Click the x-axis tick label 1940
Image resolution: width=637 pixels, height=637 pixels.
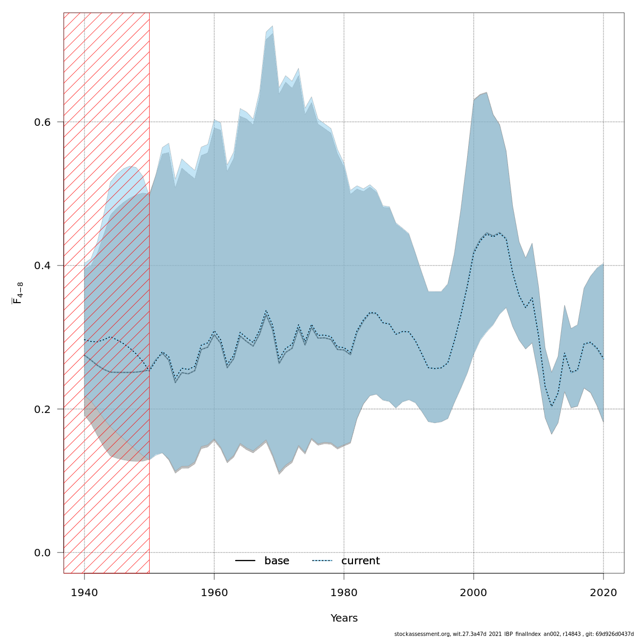click(x=84, y=592)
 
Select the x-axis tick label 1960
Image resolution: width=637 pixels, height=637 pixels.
click(x=214, y=592)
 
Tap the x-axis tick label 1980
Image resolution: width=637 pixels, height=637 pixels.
click(x=344, y=592)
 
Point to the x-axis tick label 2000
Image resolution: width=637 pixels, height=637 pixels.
click(x=474, y=592)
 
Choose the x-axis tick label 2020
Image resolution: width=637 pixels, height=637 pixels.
click(x=604, y=592)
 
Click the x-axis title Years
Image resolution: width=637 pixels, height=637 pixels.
click(x=344, y=618)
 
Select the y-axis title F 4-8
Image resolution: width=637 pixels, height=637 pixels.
click(x=18, y=293)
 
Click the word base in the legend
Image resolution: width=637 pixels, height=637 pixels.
click(x=277, y=561)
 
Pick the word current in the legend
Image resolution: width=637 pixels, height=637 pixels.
click(x=360, y=561)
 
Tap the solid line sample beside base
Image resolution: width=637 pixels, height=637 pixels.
click(x=245, y=561)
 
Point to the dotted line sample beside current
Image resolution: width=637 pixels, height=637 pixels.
click(x=322, y=561)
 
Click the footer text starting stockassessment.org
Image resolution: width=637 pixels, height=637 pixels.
click(x=514, y=634)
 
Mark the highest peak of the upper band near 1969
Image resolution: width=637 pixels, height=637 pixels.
click(x=272, y=26)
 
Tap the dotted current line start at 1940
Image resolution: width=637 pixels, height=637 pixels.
click(x=84, y=339)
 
